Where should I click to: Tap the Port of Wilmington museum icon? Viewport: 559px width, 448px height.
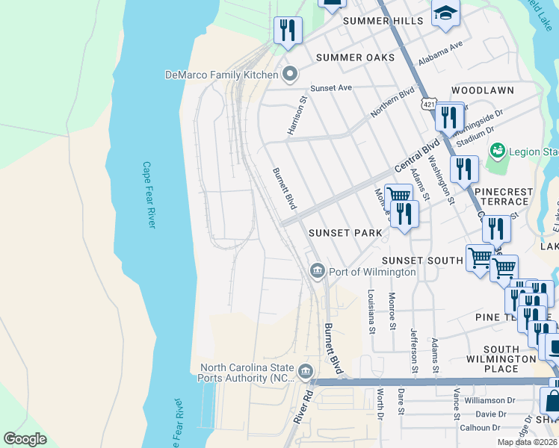click(x=316, y=270)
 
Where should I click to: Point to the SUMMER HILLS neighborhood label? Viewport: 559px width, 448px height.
click(x=383, y=21)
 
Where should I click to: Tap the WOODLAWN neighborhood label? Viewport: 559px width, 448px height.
click(x=483, y=90)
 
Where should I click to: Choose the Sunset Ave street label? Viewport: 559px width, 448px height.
click(x=331, y=87)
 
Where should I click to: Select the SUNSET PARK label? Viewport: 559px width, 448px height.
click(x=346, y=233)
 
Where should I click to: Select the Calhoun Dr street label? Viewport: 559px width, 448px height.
click(x=480, y=428)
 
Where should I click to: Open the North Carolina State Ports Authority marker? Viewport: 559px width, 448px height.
click(x=305, y=371)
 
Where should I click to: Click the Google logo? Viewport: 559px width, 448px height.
click(x=25, y=439)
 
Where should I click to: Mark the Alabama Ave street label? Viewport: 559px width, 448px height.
click(x=442, y=50)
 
